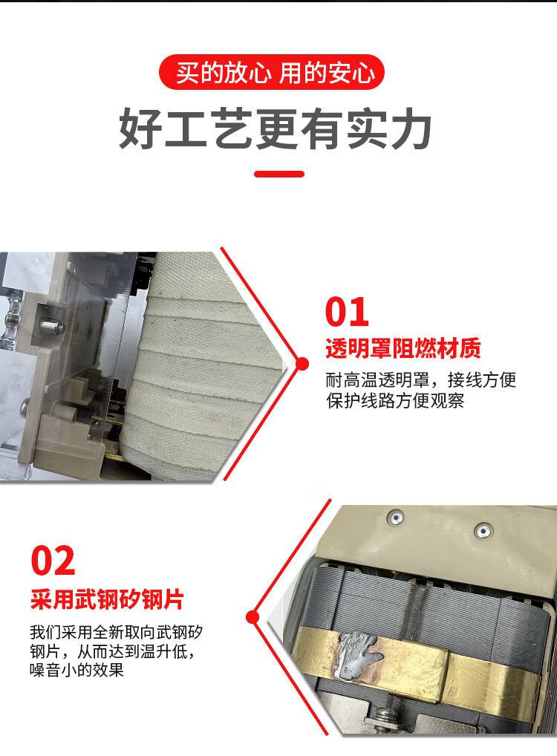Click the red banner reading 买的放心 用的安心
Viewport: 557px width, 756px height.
(272, 72)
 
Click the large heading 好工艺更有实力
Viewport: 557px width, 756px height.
(276, 128)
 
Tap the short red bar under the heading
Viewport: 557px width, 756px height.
(279, 174)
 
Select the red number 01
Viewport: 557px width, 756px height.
(347, 312)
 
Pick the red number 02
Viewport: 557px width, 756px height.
(53, 560)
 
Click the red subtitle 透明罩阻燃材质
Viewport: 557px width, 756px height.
(403, 348)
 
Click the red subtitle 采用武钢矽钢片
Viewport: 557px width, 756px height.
(107, 599)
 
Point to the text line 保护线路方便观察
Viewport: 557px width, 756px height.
(395, 401)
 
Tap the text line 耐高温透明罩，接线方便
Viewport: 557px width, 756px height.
(421, 380)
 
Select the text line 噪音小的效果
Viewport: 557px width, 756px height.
(76, 670)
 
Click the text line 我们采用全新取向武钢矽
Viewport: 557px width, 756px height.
(116, 632)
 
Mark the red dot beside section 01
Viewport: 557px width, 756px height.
(302, 364)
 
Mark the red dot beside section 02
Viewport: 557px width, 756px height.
(253, 616)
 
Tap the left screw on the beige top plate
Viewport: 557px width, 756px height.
(396, 518)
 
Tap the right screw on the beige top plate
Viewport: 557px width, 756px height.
(483, 531)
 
